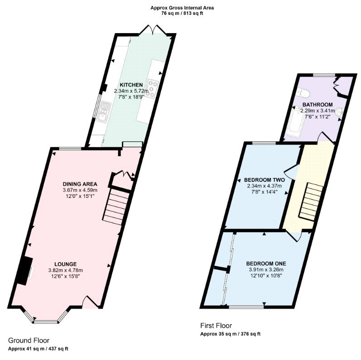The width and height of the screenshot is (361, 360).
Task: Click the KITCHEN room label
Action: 131,85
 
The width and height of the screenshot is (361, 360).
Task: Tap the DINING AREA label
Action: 80,184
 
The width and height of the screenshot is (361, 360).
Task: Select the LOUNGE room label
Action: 66,264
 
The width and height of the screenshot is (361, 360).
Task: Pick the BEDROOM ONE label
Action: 266,264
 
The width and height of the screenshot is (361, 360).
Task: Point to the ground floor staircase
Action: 117,206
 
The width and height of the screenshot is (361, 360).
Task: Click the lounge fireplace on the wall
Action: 26,271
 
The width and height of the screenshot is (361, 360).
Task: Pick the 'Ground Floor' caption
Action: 29,341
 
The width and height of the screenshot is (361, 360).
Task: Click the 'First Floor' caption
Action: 216,326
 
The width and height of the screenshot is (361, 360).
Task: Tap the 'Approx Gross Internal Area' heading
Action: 182,8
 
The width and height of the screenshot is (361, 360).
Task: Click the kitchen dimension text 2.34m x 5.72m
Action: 131,91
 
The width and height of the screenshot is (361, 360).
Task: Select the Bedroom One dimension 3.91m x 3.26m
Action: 266,270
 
